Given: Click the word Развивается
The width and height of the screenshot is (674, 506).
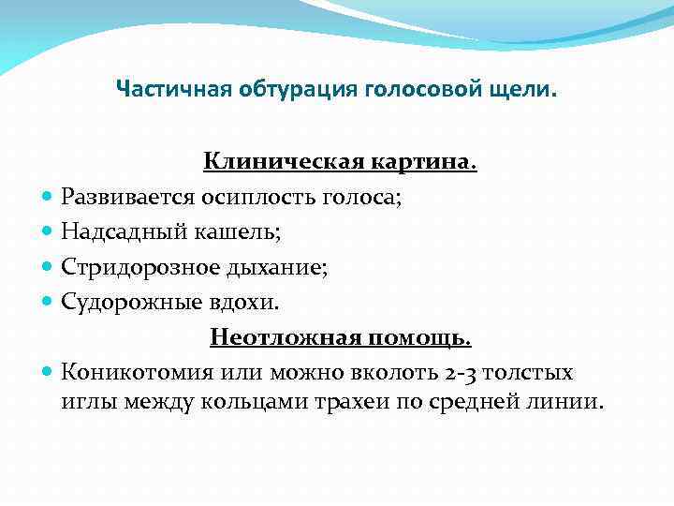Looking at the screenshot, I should click(125, 198).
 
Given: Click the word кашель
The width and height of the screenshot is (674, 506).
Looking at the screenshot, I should click(211, 232).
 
